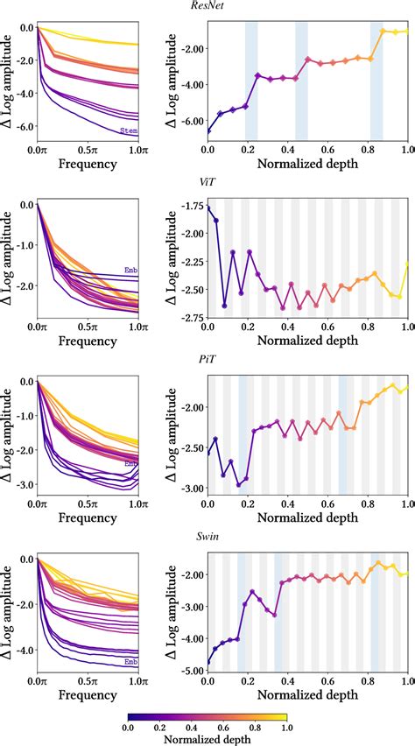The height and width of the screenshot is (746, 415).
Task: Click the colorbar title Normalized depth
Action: (207, 738)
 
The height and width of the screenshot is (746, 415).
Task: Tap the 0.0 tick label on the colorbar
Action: (128, 725)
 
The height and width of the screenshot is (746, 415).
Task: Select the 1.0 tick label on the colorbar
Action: (286, 725)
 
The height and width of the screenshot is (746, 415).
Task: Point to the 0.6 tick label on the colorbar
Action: (223, 725)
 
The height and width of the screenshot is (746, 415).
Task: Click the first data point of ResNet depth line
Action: (207, 131)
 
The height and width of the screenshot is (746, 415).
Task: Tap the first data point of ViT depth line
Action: (207, 207)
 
